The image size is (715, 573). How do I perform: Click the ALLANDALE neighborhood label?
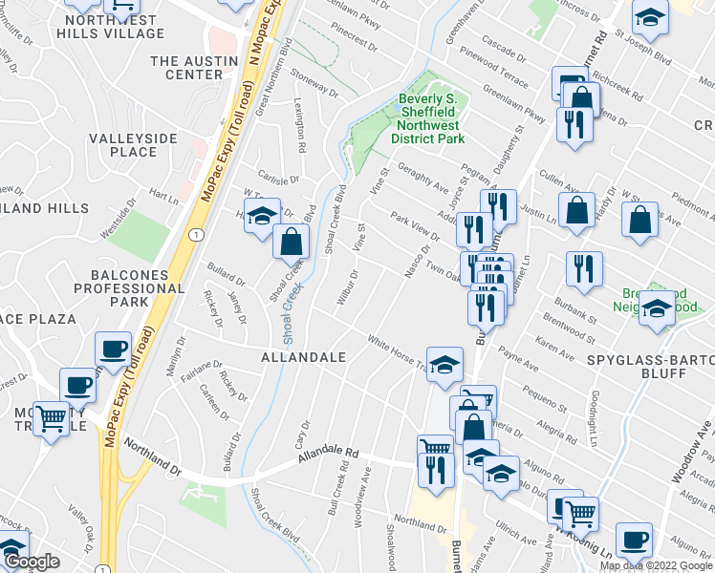pos(305,355)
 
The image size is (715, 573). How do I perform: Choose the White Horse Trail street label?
pos(398,350)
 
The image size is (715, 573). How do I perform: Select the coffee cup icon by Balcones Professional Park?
pos(114,350)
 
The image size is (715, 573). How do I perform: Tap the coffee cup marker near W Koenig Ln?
pos(633,540)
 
